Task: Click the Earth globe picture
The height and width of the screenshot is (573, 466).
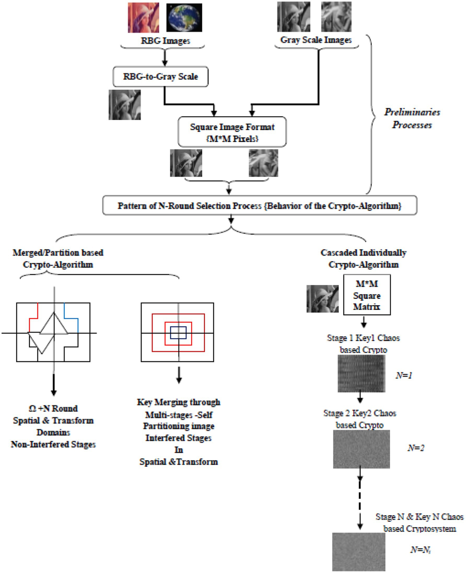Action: click(x=184, y=17)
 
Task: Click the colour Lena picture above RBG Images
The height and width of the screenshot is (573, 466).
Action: click(x=143, y=17)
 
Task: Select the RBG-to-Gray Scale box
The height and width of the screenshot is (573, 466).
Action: click(x=160, y=77)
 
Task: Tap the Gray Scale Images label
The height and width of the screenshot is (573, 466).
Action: click(x=316, y=40)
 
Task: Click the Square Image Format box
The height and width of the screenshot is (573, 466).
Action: click(x=232, y=132)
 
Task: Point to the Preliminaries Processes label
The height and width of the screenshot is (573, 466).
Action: click(x=412, y=119)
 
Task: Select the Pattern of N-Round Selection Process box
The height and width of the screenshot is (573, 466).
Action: click(x=259, y=206)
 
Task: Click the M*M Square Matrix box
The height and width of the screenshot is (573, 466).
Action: click(x=367, y=295)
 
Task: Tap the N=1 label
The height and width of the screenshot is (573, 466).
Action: click(x=404, y=376)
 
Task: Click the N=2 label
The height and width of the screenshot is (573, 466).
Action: click(x=416, y=448)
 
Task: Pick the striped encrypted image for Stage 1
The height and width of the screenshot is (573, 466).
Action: click(x=361, y=374)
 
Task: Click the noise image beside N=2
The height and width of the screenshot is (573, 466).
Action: click(x=361, y=449)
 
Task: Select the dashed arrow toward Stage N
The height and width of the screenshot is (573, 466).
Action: click(x=360, y=501)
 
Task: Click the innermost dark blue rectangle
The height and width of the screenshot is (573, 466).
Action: click(x=178, y=333)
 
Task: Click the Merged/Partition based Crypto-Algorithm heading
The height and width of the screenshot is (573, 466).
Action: click(x=58, y=259)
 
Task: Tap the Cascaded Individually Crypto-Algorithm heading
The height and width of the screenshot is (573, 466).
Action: click(x=363, y=259)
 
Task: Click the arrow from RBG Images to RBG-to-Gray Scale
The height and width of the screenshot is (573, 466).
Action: click(x=165, y=58)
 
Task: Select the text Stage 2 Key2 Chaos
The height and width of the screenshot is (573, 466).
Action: click(x=360, y=413)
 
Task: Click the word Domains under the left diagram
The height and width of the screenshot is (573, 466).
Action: click(x=53, y=433)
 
